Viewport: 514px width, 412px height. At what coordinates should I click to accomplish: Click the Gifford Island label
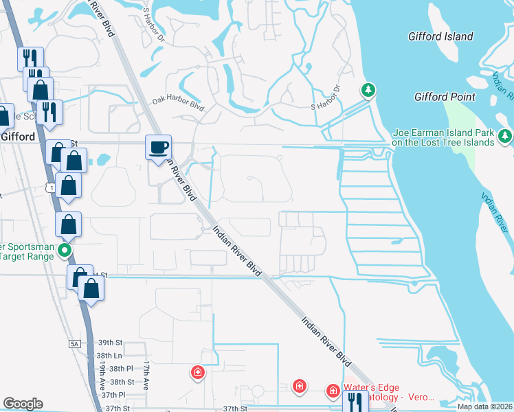[440, 36]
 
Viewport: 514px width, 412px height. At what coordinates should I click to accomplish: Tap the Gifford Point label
[445, 97]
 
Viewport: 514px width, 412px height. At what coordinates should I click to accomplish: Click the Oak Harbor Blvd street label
[179, 104]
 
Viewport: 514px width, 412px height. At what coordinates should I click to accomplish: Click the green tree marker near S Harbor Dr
[369, 90]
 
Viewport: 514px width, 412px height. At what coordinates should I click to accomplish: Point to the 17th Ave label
[146, 376]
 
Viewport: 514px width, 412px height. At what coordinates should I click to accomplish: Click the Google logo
[23, 404]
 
